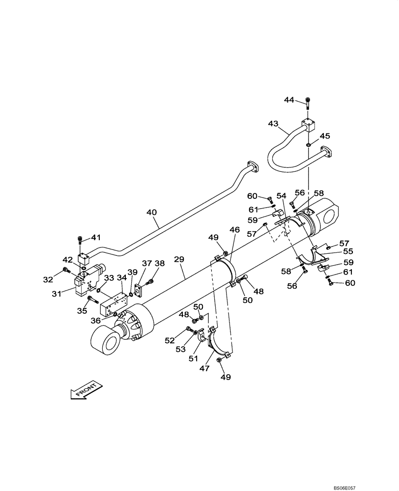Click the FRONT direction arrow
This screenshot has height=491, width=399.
pos(86,389)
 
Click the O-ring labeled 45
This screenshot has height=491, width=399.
pos(308,144)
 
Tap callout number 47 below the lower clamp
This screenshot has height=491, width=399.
pos(204,367)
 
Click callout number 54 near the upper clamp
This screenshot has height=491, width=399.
pos(281,196)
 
